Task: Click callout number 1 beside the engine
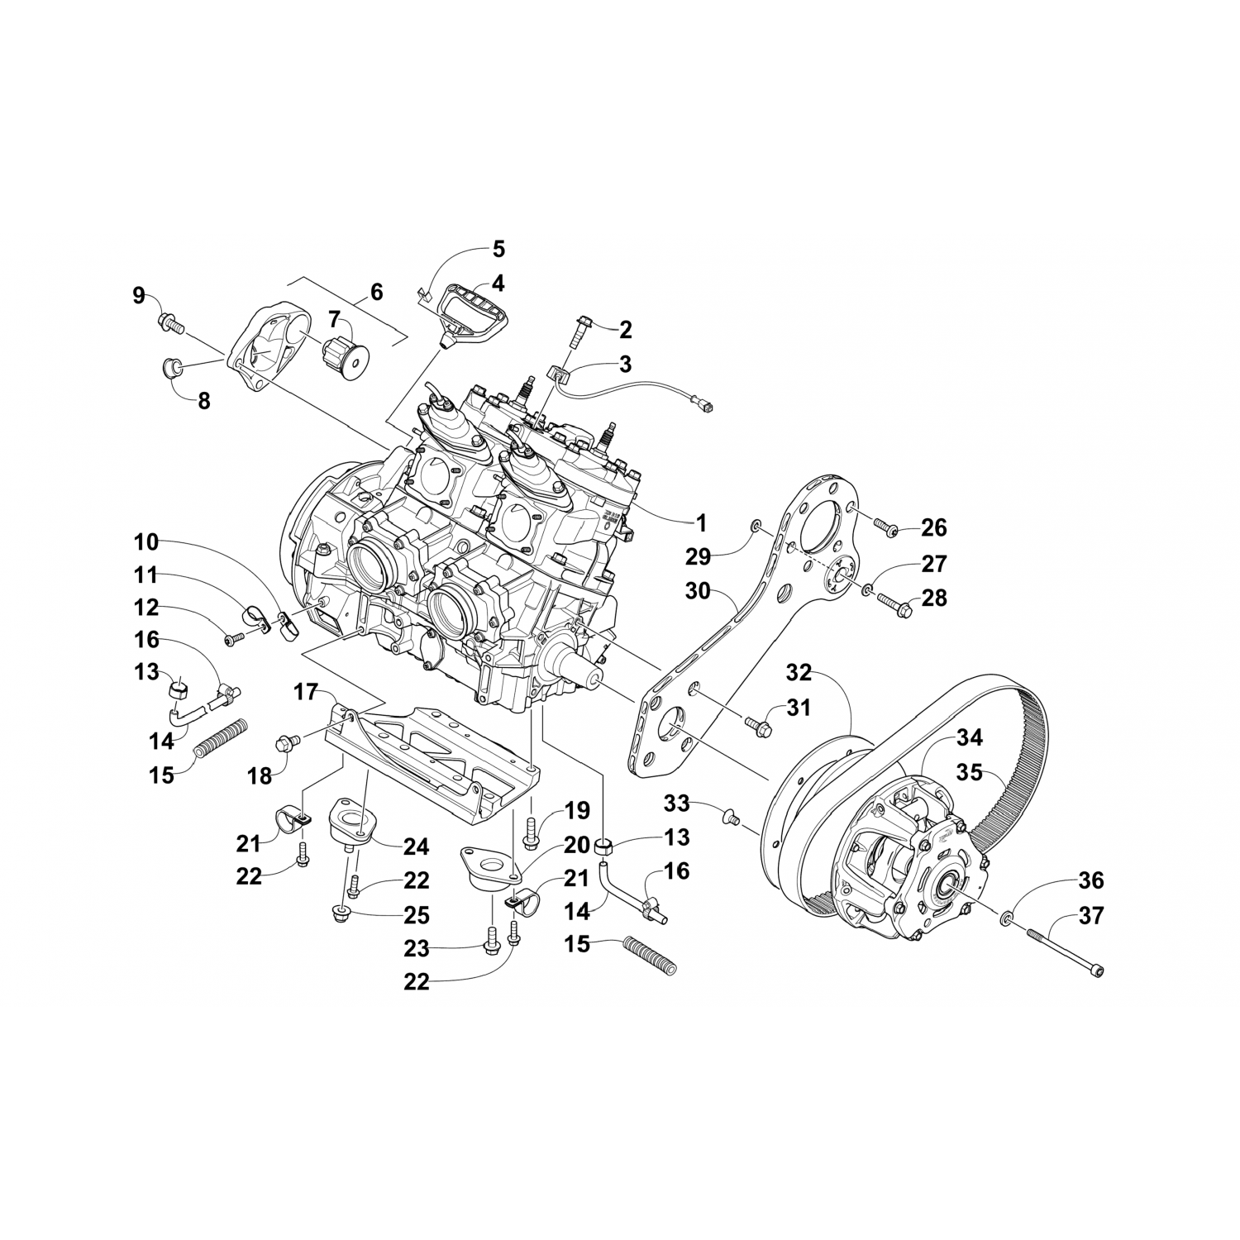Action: point(700,523)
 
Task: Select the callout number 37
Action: point(1091,916)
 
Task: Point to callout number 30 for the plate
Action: point(699,591)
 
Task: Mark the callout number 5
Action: point(498,249)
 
